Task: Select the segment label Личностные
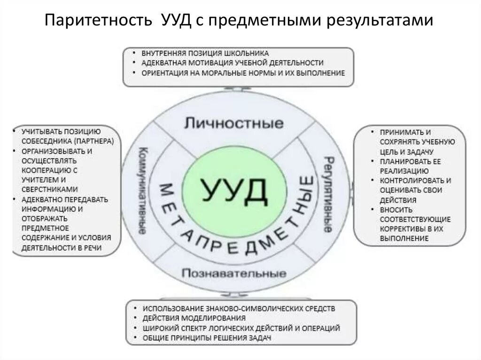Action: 234,123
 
